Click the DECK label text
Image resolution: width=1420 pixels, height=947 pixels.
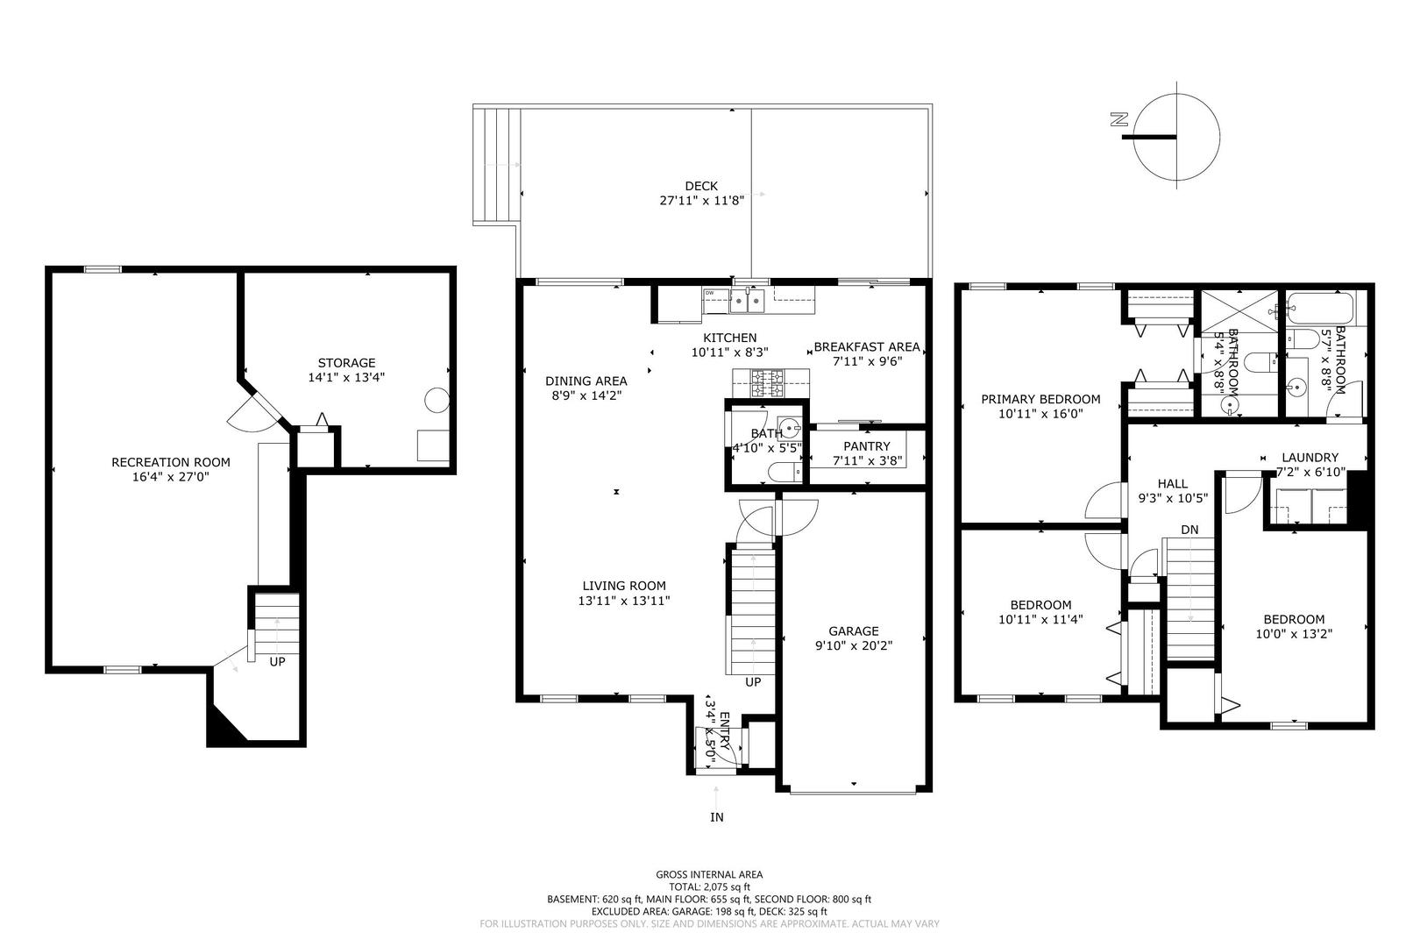[x=700, y=186]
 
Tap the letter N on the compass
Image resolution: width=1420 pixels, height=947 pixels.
[x=1118, y=121]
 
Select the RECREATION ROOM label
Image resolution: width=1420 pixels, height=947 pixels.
[x=171, y=462]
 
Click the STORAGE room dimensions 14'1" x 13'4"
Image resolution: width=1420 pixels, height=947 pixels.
[x=346, y=378]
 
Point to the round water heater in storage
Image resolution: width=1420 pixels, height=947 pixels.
[x=436, y=401]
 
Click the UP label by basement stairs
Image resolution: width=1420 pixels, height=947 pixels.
[x=277, y=662]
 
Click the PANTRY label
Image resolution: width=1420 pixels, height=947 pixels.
[x=866, y=446]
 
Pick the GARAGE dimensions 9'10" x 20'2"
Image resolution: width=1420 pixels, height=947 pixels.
[x=854, y=646]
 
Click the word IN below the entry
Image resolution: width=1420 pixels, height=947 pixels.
[x=717, y=817]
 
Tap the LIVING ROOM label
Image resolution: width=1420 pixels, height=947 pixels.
[x=624, y=586]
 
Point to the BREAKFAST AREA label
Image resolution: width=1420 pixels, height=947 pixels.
[x=867, y=346]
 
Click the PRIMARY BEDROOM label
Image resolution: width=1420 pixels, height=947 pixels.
[x=1040, y=399]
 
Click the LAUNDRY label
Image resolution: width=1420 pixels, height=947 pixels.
[x=1310, y=457]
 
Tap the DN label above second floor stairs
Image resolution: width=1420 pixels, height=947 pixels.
[x=1189, y=530]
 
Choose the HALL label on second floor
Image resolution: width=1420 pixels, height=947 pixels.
[x=1172, y=483]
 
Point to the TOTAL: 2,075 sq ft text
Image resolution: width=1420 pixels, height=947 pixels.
[x=709, y=886]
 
